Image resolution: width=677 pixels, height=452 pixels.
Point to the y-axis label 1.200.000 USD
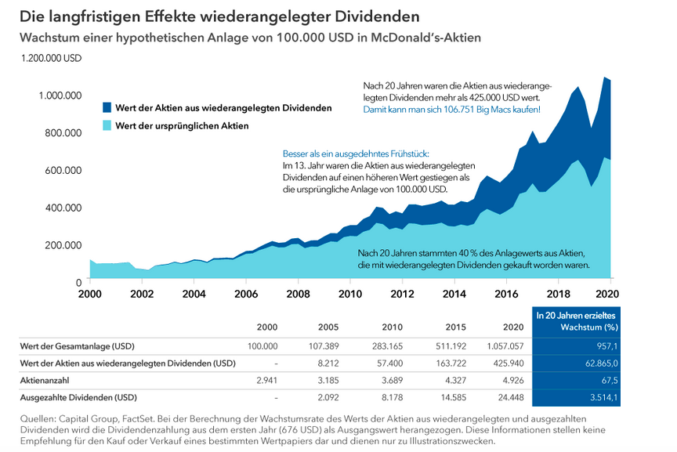52,58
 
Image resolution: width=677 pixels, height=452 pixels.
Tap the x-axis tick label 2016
507,294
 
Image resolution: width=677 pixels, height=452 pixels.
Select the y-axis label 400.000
62,208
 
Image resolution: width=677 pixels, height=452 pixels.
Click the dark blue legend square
107,107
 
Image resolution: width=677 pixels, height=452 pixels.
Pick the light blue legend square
107,125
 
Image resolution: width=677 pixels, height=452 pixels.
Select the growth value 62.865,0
599,363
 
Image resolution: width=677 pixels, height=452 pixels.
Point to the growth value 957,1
606,345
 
